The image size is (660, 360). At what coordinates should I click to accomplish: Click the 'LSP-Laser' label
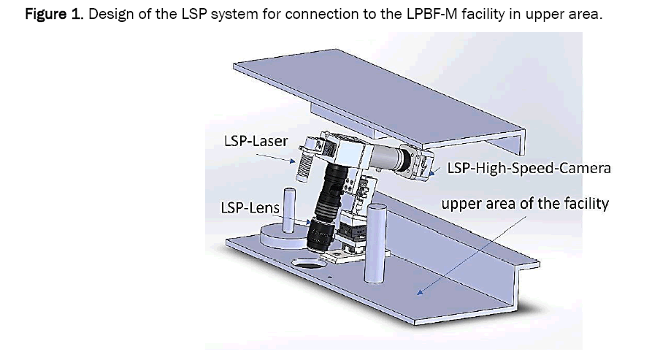255,140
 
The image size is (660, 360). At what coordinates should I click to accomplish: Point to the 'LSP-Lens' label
250,208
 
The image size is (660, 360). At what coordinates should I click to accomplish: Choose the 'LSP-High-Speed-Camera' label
529,169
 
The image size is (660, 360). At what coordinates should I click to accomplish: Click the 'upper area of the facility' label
524,203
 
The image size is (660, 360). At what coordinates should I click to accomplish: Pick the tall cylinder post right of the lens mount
377,243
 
